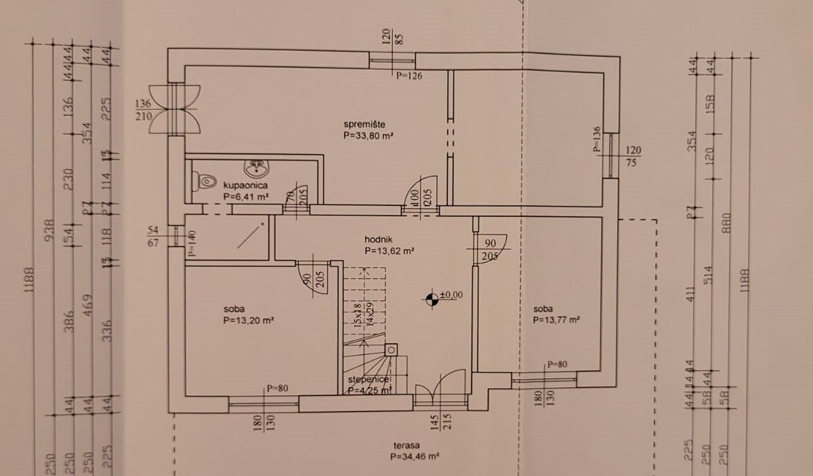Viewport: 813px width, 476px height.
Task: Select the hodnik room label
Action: coord(378,239)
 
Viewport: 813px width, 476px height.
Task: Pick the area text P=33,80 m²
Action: coord(369,136)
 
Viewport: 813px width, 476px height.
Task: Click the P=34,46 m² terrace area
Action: coord(415,457)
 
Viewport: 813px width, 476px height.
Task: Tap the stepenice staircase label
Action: coord(368,380)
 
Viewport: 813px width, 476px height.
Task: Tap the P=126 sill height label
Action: coord(409,76)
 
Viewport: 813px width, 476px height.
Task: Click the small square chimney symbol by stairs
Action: coord(391,350)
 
